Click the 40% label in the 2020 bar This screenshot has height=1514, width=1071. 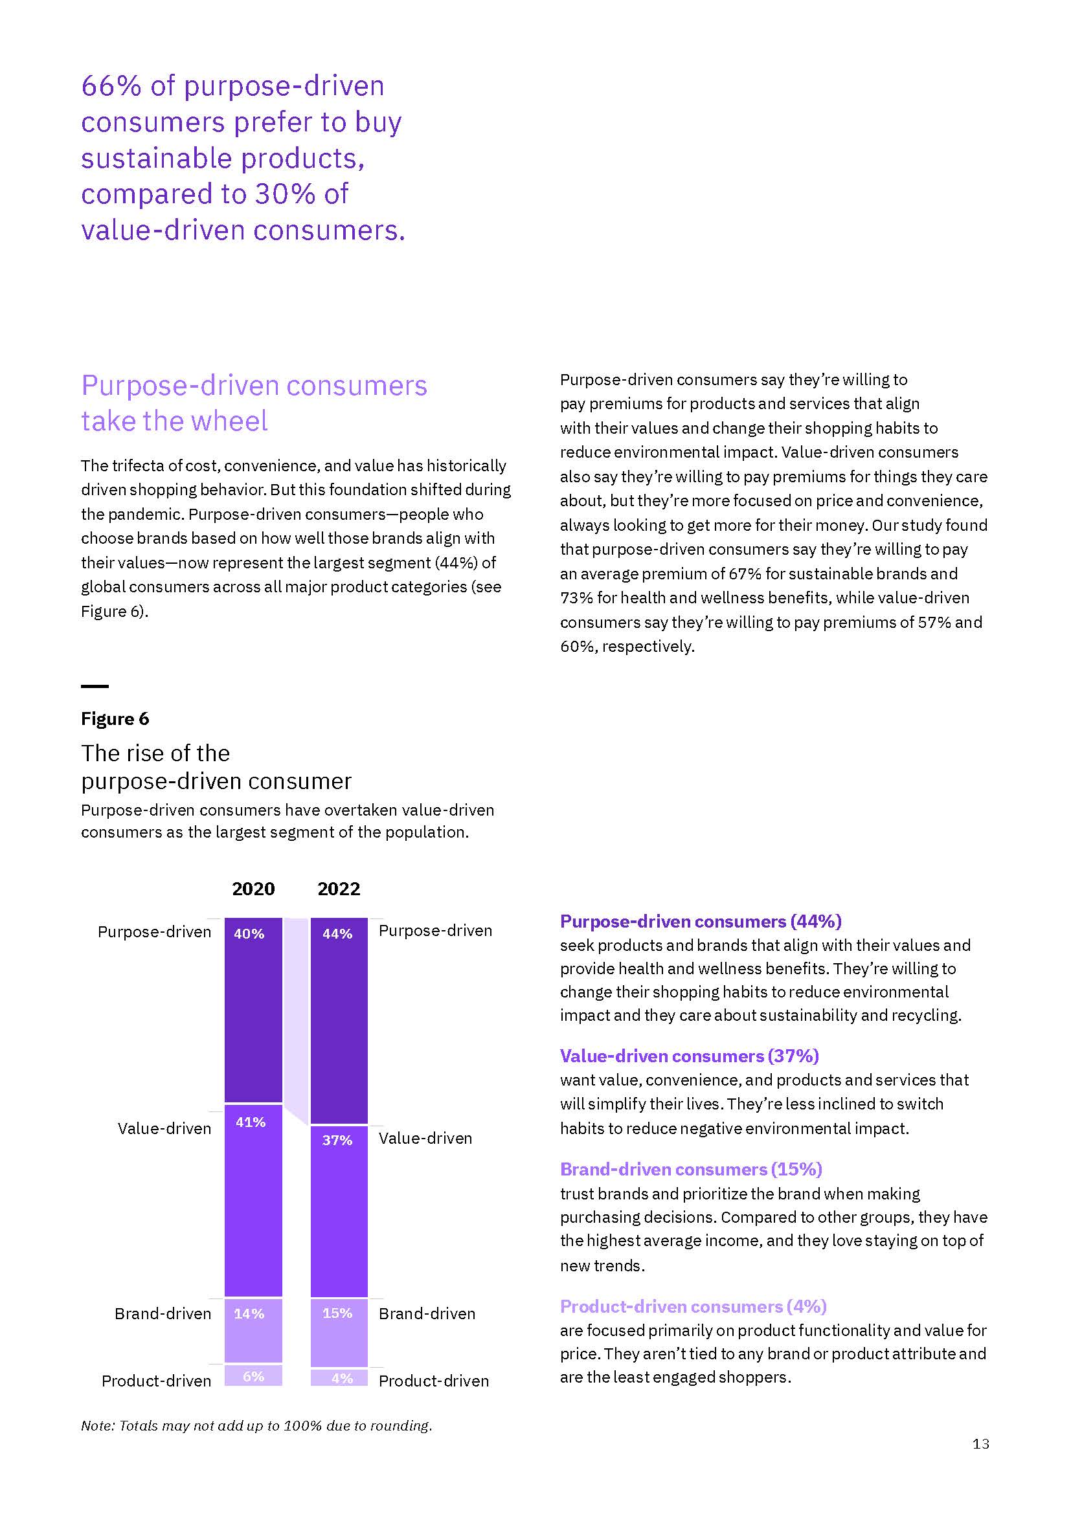coord(249,934)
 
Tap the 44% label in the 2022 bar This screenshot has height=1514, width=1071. coord(337,934)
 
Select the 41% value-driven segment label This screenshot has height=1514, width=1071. coord(251,1122)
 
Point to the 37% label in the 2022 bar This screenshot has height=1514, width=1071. coord(337,1140)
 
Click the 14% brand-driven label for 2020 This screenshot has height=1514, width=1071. coord(249,1313)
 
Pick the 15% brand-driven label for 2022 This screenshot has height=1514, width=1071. coord(337,1313)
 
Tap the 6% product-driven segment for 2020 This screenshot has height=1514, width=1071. coord(253,1376)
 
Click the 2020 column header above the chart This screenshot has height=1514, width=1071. coord(253,889)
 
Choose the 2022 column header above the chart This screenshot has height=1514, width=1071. coord(339,889)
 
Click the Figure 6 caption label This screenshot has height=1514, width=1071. coord(115,718)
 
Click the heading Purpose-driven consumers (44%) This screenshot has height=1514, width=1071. coord(701,921)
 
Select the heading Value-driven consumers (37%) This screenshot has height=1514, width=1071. coord(689,1056)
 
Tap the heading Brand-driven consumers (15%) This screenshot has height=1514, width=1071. coord(690,1169)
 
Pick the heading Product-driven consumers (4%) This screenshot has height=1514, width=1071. coord(693,1306)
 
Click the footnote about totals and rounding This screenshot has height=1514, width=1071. coord(256,1425)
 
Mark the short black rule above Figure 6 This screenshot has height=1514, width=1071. coord(95,686)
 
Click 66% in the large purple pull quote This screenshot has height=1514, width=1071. coord(111,86)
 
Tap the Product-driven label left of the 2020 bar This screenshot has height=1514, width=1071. coord(156,1381)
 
